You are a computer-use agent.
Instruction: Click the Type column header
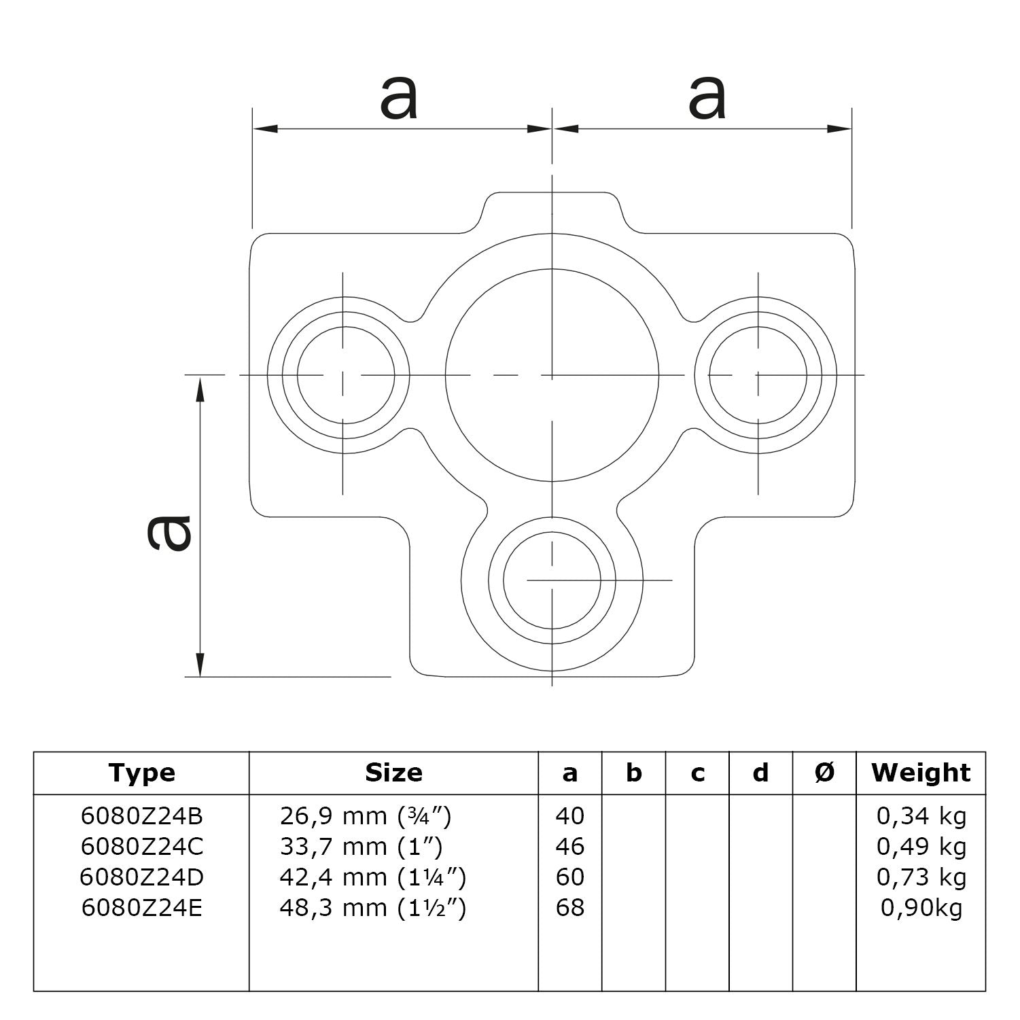click(x=141, y=773)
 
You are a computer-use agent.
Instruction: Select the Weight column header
click(x=921, y=773)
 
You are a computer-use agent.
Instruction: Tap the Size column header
click(x=393, y=773)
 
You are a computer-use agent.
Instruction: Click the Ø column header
click(x=824, y=773)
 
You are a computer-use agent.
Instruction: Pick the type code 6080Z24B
click(x=141, y=815)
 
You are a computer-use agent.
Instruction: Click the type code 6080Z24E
click(x=141, y=908)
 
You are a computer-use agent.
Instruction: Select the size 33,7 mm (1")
click(x=361, y=847)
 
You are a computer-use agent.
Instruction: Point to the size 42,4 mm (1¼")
click(x=372, y=877)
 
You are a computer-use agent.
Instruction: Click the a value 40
click(x=569, y=815)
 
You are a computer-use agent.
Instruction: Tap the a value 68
click(x=569, y=908)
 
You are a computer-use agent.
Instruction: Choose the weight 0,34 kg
click(x=921, y=815)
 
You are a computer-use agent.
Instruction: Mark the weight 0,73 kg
click(x=921, y=877)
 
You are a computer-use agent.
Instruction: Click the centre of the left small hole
click(x=343, y=374)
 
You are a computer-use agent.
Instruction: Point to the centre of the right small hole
click(x=758, y=374)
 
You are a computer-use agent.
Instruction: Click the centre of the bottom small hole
click(x=552, y=580)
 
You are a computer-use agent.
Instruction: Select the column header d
click(x=760, y=773)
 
